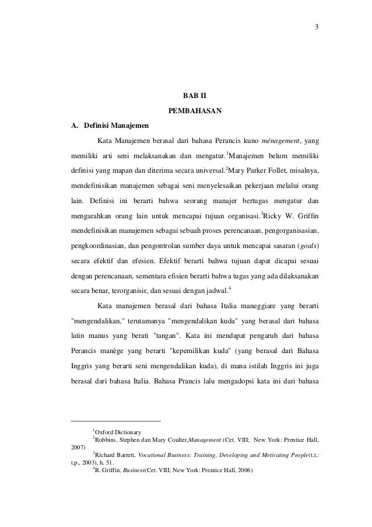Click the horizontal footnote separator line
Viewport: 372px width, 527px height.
coord(115,421)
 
